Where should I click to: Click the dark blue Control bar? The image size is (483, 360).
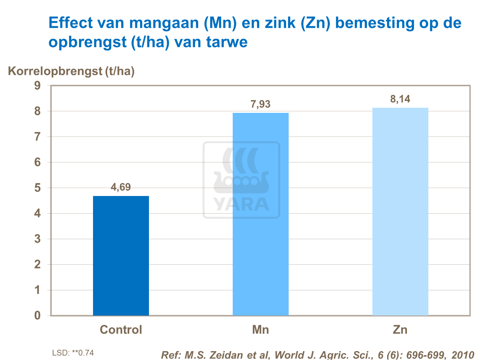pyautogui.click(x=121, y=256)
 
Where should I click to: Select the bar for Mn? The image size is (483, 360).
pyautogui.click(x=261, y=214)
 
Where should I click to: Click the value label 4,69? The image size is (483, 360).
pyautogui.click(x=121, y=187)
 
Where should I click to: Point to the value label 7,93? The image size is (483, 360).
pyautogui.click(x=261, y=104)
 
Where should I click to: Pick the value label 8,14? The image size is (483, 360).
pyautogui.click(x=400, y=99)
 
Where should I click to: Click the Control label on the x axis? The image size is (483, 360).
pyautogui.click(x=121, y=330)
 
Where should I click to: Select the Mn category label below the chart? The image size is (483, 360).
pyautogui.click(x=261, y=330)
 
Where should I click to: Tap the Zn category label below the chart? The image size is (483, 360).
pyautogui.click(x=400, y=330)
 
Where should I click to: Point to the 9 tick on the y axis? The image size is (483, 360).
pyautogui.click(x=38, y=86)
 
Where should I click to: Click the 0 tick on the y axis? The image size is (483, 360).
pyautogui.click(x=38, y=316)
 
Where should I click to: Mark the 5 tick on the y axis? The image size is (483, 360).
pyautogui.click(x=38, y=188)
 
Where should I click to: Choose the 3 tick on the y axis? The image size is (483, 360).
pyautogui.click(x=38, y=239)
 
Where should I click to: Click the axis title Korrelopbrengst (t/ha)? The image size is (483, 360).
pyautogui.click(x=71, y=71)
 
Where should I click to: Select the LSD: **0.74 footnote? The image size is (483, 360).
pyautogui.click(x=73, y=353)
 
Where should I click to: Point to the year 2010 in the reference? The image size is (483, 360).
pyautogui.click(x=463, y=355)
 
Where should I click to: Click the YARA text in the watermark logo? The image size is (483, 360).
pyautogui.click(x=241, y=205)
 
